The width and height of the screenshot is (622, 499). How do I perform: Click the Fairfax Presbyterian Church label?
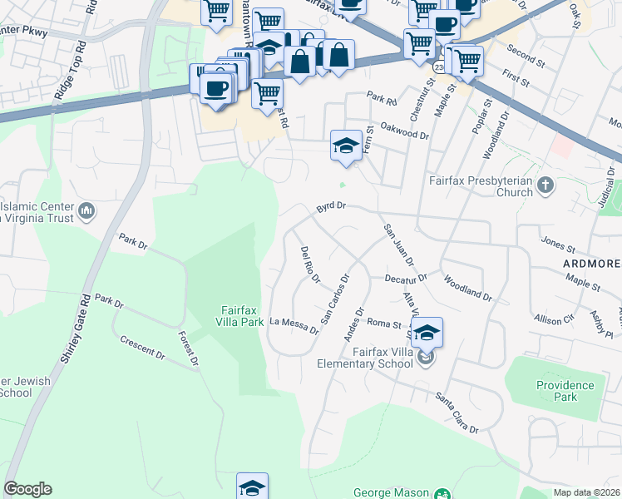click(480, 186)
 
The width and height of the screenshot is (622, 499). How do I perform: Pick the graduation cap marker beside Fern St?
click(346, 146)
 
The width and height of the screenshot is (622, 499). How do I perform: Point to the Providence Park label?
click(565, 391)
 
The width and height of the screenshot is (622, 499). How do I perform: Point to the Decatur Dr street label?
click(405, 277)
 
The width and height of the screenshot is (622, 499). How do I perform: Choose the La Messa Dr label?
click(294, 324)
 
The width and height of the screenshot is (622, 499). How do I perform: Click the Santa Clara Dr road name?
click(457, 413)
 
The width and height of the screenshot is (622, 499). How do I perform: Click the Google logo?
click(27, 489)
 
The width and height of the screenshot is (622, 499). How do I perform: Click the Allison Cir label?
click(554, 319)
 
